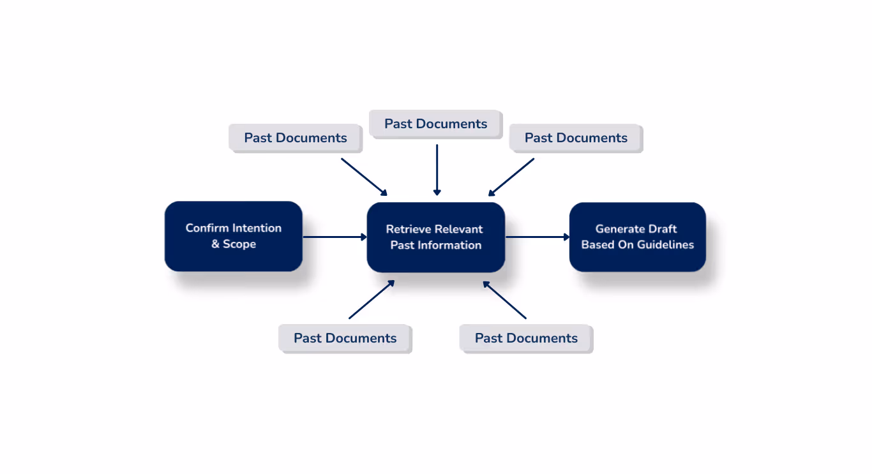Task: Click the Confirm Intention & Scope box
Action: click(233, 236)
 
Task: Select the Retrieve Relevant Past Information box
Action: click(436, 237)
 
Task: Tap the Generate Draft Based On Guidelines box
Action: click(637, 237)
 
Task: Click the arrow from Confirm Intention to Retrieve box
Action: click(334, 237)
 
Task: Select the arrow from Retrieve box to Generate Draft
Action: click(537, 237)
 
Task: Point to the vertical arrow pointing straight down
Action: click(437, 169)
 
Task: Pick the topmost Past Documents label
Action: click(436, 124)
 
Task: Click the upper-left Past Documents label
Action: click(296, 138)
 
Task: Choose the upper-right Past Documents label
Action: click(576, 138)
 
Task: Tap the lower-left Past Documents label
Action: click(345, 338)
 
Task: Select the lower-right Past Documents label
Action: click(526, 338)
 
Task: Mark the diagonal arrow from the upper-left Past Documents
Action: click(364, 177)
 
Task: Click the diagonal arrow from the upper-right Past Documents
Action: click(511, 177)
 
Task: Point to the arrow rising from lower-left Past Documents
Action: click(372, 299)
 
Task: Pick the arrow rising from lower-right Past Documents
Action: click(504, 299)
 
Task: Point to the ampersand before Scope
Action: click(215, 244)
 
